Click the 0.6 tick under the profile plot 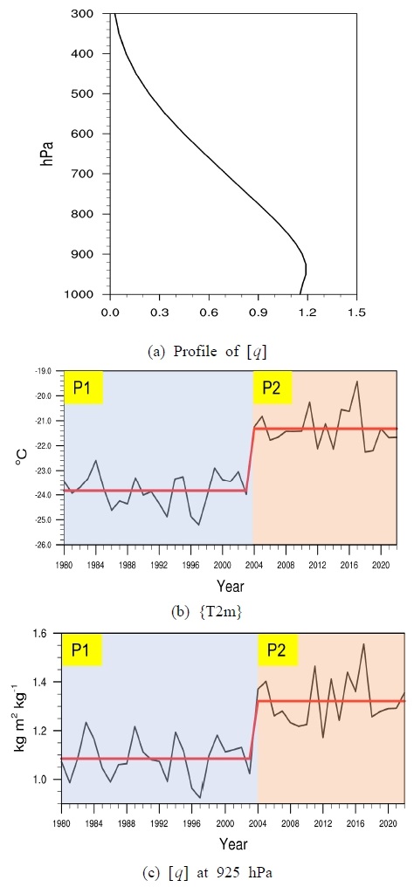click(208, 311)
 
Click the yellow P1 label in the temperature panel click(82, 388)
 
